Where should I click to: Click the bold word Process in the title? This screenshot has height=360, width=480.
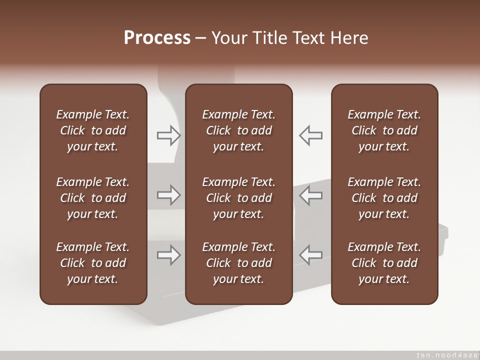[157, 38]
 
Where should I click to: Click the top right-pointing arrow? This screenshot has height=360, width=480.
[168, 135]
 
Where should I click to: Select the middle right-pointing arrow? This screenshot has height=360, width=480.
[168, 195]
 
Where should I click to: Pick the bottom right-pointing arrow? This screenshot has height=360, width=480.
[168, 255]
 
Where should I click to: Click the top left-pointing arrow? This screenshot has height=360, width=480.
[310, 135]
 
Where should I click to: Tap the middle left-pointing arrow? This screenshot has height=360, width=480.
[310, 195]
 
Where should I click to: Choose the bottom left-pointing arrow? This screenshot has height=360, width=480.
[310, 255]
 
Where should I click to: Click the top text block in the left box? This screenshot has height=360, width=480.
[93, 130]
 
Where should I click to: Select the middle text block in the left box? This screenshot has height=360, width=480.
[93, 198]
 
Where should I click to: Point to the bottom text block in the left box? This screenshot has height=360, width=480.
[93, 263]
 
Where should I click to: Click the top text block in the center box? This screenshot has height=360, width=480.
[238, 130]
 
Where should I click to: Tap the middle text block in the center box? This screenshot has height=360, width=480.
[238, 198]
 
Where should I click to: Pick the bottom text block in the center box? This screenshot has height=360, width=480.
[238, 263]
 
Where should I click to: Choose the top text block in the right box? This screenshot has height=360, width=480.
[384, 130]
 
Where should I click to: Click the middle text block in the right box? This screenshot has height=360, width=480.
[384, 198]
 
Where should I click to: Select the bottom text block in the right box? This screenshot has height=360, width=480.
[384, 263]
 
